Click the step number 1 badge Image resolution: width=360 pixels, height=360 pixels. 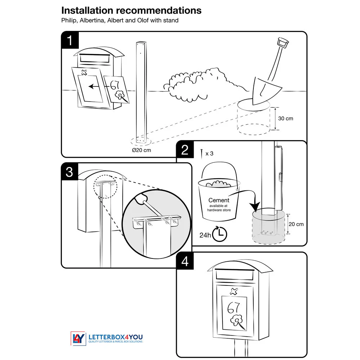pyautogui.click(x=70, y=40)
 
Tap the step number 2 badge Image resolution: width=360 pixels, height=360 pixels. pyautogui.click(x=185, y=149)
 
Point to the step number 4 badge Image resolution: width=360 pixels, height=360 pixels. pyautogui.click(x=185, y=261)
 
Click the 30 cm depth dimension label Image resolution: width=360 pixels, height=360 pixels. pyautogui.click(x=285, y=118)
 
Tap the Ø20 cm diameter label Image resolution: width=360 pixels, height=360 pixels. pyautogui.click(x=141, y=150)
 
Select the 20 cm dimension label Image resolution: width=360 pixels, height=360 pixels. pyautogui.click(x=296, y=224)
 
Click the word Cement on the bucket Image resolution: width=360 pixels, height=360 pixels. pyautogui.click(x=219, y=200)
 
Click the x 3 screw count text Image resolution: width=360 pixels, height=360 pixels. pyautogui.click(x=209, y=153)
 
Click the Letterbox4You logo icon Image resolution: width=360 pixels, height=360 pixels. pyautogui.click(x=77, y=338)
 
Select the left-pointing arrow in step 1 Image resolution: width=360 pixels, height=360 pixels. pyautogui.click(x=96, y=86)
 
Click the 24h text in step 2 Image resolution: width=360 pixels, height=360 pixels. pyautogui.click(x=205, y=235)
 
